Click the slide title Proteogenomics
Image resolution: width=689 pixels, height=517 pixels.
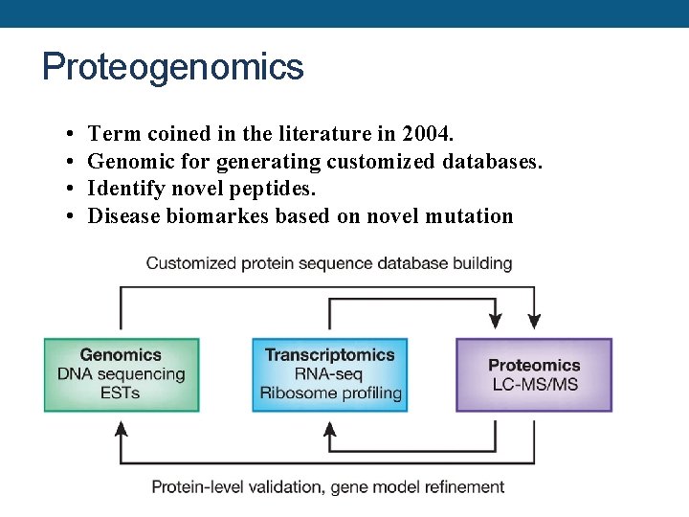(x=173, y=67)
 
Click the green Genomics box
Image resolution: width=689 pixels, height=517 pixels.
(x=122, y=373)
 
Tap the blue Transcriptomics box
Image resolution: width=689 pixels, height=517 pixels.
(x=330, y=373)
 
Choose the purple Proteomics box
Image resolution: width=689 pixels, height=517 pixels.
(x=534, y=374)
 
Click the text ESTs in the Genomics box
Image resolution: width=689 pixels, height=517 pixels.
(x=120, y=393)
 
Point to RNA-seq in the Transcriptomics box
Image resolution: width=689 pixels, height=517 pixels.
(x=329, y=374)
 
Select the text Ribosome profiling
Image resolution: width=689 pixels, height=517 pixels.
(x=331, y=393)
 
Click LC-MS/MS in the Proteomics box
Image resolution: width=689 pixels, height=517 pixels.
(x=534, y=385)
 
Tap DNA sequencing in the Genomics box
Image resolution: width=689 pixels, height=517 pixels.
(x=122, y=374)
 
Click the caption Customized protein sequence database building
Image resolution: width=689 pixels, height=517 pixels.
(x=328, y=263)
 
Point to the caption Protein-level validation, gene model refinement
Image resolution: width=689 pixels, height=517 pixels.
(x=327, y=486)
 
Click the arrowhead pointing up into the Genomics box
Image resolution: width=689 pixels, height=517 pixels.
(x=121, y=428)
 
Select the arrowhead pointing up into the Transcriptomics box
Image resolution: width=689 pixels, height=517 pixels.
(x=330, y=428)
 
